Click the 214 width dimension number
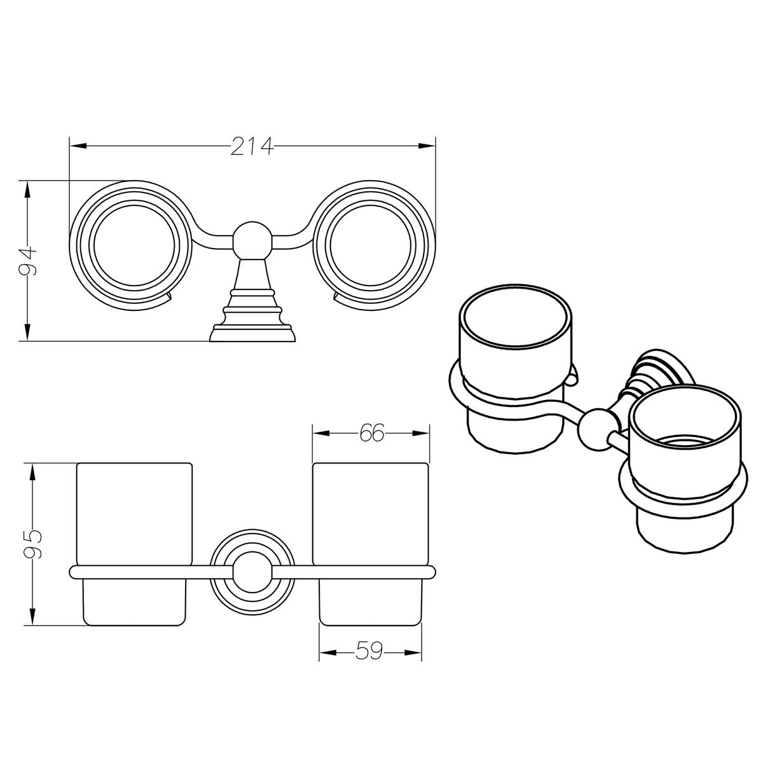252,146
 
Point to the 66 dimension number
371,433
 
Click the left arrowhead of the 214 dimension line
78,146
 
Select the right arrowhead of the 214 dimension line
427,146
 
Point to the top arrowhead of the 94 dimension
27,190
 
